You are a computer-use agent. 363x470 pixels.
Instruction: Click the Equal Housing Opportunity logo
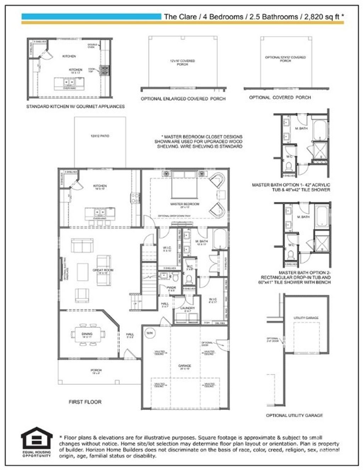[36, 442]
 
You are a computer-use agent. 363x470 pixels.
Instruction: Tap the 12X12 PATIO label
[100, 136]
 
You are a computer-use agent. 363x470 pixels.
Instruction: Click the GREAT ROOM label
[103, 270]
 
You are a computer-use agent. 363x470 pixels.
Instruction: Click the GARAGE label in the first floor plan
[184, 366]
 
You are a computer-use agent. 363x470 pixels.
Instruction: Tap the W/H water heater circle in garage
[149, 333]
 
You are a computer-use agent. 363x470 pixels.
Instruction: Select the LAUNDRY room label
[187, 308]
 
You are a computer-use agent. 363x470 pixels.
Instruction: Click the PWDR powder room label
[171, 288]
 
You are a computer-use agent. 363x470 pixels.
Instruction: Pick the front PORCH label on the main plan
[96, 370]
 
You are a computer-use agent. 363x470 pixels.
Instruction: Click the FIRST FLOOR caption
[85, 402]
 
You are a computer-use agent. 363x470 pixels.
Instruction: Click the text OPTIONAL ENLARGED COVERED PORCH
[183, 99]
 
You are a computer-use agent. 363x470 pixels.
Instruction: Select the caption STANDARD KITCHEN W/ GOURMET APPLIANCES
[75, 106]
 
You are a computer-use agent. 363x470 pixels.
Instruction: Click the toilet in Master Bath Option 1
[288, 165]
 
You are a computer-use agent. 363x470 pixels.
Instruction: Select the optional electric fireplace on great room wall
[60, 269]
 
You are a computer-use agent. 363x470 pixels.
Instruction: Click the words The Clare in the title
[180, 17]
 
